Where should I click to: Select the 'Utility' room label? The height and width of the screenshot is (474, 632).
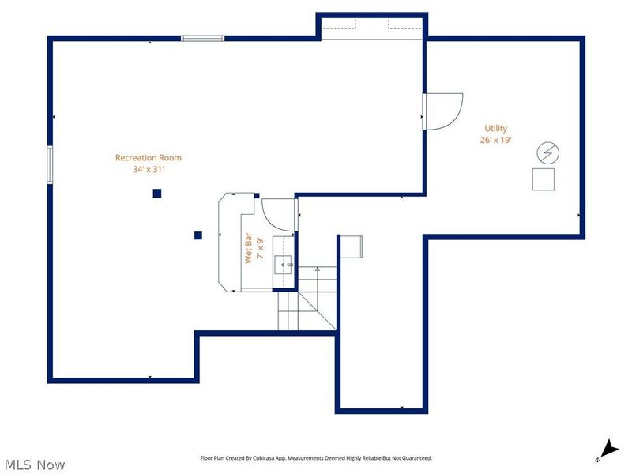(x=496, y=128)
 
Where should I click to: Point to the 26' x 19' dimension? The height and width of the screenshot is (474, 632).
(x=496, y=140)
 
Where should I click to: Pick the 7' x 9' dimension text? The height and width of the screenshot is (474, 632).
(x=258, y=248)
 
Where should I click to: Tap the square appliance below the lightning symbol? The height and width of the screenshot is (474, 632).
(x=544, y=179)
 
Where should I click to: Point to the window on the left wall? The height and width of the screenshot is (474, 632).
(x=50, y=164)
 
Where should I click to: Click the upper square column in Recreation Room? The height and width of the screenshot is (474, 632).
(x=157, y=193)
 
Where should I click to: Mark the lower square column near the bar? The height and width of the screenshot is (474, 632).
(x=198, y=235)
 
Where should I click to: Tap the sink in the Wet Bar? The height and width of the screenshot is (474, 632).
(x=284, y=264)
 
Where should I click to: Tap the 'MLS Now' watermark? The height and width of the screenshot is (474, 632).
(x=36, y=465)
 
